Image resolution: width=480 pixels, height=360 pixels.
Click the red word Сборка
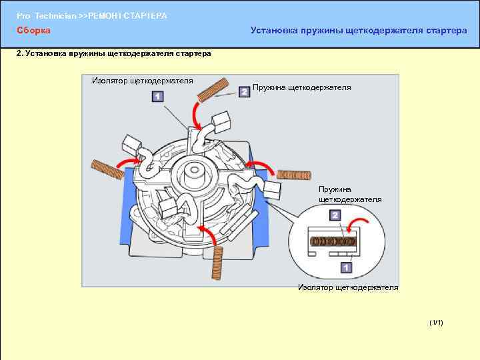click(33, 31)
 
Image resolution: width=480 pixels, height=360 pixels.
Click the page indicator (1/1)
click(437, 323)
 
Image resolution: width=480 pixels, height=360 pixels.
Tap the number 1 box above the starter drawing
click(158, 97)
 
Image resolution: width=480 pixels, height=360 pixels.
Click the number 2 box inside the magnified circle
click(335, 215)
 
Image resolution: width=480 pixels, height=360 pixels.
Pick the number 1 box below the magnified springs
click(346, 268)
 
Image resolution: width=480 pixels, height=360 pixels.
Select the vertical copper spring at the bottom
click(217, 261)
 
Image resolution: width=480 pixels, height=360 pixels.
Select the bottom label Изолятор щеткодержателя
click(348, 287)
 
